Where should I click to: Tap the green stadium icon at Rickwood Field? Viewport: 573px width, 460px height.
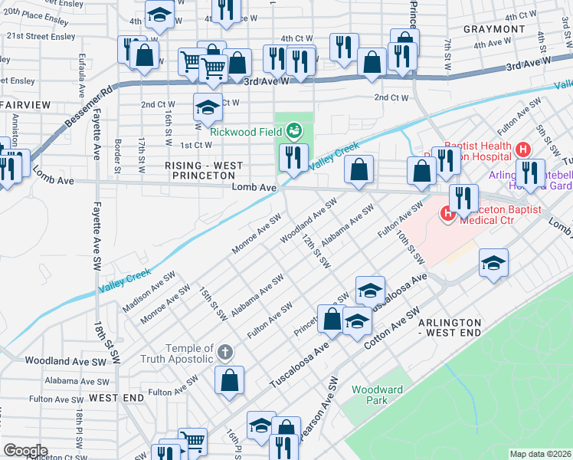(x=293, y=131)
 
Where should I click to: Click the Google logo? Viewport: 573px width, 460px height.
(x=25, y=451)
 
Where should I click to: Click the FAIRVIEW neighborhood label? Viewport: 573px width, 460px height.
(x=25, y=103)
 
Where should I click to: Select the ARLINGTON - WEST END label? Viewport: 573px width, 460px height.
(x=450, y=327)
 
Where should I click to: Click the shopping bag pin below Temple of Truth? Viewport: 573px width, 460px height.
(x=230, y=379)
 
